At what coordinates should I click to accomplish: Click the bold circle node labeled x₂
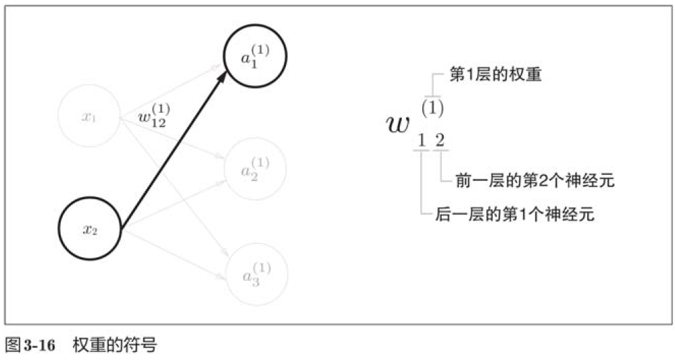[x=90, y=230]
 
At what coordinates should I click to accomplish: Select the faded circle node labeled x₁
[x=89, y=117]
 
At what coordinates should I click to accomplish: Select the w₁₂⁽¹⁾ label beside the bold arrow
[x=153, y=116]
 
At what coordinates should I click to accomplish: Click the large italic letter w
[x=398, y=124]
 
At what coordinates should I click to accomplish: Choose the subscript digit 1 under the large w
[x=422, y=141]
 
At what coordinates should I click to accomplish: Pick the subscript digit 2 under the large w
[x=440, y=141]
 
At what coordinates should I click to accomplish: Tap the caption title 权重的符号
[x=114, y=346]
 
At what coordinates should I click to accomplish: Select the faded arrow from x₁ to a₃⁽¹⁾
[x=172, y=197]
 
